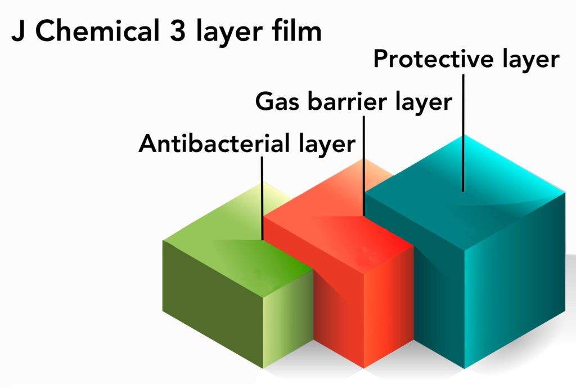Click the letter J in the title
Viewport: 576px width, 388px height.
tap(19, 31)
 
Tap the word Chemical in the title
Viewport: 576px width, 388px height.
tap(97, 30)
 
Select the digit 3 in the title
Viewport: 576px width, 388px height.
tap(178, 31)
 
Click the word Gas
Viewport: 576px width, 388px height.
tap(277, 101)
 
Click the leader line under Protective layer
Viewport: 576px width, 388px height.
tap(463, 133)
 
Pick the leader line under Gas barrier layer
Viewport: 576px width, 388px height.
tap(364, 166)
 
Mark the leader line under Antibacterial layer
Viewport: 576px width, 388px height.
tap(262, 199)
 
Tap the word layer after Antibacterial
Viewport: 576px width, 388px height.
tap(327, 144)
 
